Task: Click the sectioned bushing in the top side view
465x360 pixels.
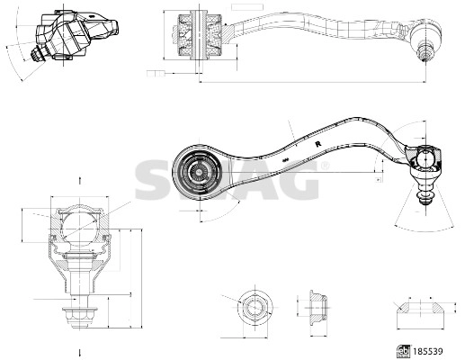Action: pyautogui.click(x=197, y=33)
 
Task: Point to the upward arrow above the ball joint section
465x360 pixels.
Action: pyautogui.click(x=80, y=181)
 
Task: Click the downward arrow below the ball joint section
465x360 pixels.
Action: pyautogui.click(x=80, y=350)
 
